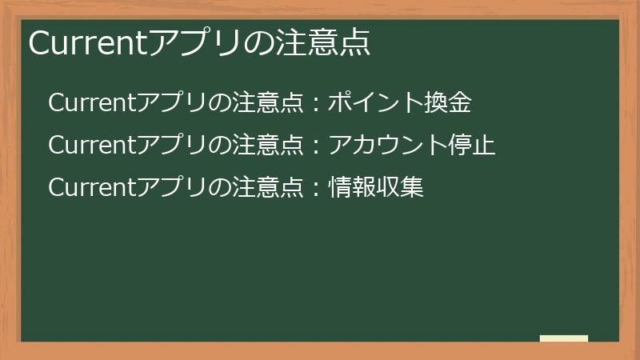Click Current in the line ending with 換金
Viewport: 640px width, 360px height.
coord(92,103)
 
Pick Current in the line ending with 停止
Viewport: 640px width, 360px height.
coord(92,146)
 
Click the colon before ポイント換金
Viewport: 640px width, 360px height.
coord(317,104)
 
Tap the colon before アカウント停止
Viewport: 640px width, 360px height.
coord(317,146)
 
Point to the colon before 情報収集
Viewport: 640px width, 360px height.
coord(317,188)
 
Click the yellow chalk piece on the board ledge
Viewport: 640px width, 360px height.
coord(564,338)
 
